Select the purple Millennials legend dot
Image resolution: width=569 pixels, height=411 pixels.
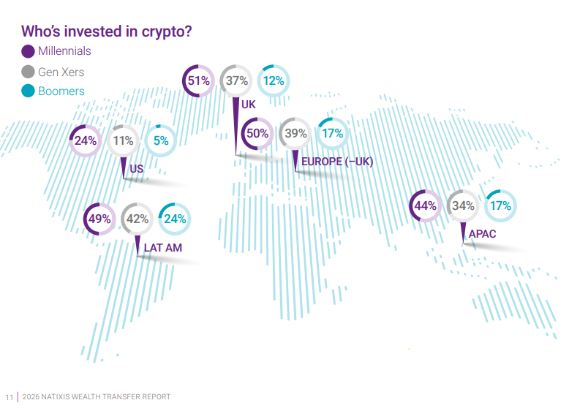click(29, 51)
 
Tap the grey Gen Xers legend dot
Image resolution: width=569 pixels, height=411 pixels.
click(29, 72)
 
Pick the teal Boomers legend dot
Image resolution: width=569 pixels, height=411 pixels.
click(29, 91)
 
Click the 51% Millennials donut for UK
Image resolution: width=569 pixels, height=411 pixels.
click(199, 81)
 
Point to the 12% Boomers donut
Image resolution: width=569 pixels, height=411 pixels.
click(274, 81)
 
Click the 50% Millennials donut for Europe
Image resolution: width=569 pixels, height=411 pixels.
click(257, 134)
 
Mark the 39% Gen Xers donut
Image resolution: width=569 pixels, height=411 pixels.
click(295, 134)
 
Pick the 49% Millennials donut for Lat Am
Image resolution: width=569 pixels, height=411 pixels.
click(99, 218)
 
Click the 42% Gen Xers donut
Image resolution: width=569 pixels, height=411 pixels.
click(137, 218)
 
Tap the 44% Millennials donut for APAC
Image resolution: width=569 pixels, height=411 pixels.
click(425, 206)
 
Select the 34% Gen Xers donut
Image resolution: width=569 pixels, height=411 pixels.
click(463, 206)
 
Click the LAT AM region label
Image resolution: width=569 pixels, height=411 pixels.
click(162, 248)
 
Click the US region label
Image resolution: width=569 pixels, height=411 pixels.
click(136, 170)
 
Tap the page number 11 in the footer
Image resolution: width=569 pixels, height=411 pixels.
click(10, 397)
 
